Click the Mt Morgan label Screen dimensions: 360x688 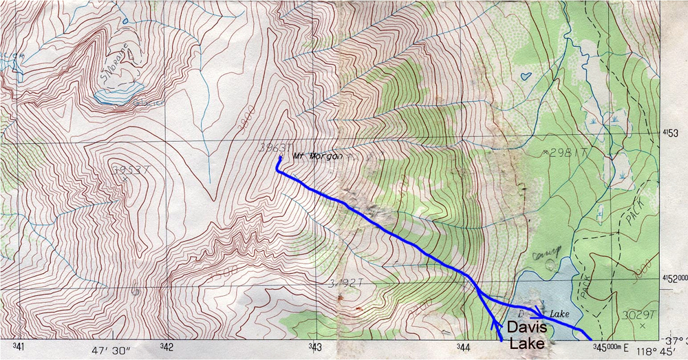317,156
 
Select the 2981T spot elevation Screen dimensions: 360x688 559,152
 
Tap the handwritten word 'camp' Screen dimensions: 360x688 548,250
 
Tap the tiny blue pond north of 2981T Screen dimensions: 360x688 526,74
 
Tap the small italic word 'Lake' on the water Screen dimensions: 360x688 560,314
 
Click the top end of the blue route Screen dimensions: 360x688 279,157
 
